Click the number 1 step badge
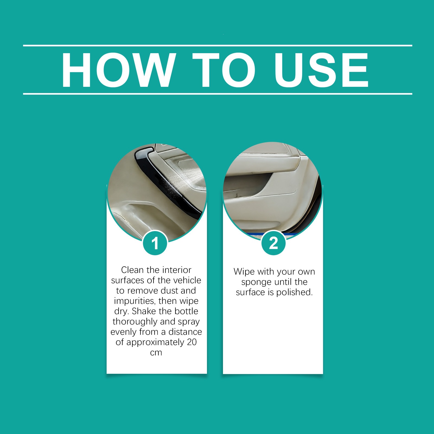click(x=155, y=243)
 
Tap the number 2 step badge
click(x=273, y=243)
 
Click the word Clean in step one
click(x=133, y=270)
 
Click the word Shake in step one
click(x=144, y=311)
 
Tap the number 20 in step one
click(x=192, y=342)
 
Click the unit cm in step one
click(x=156, y=353)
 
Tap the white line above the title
click(x=218, y=46)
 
